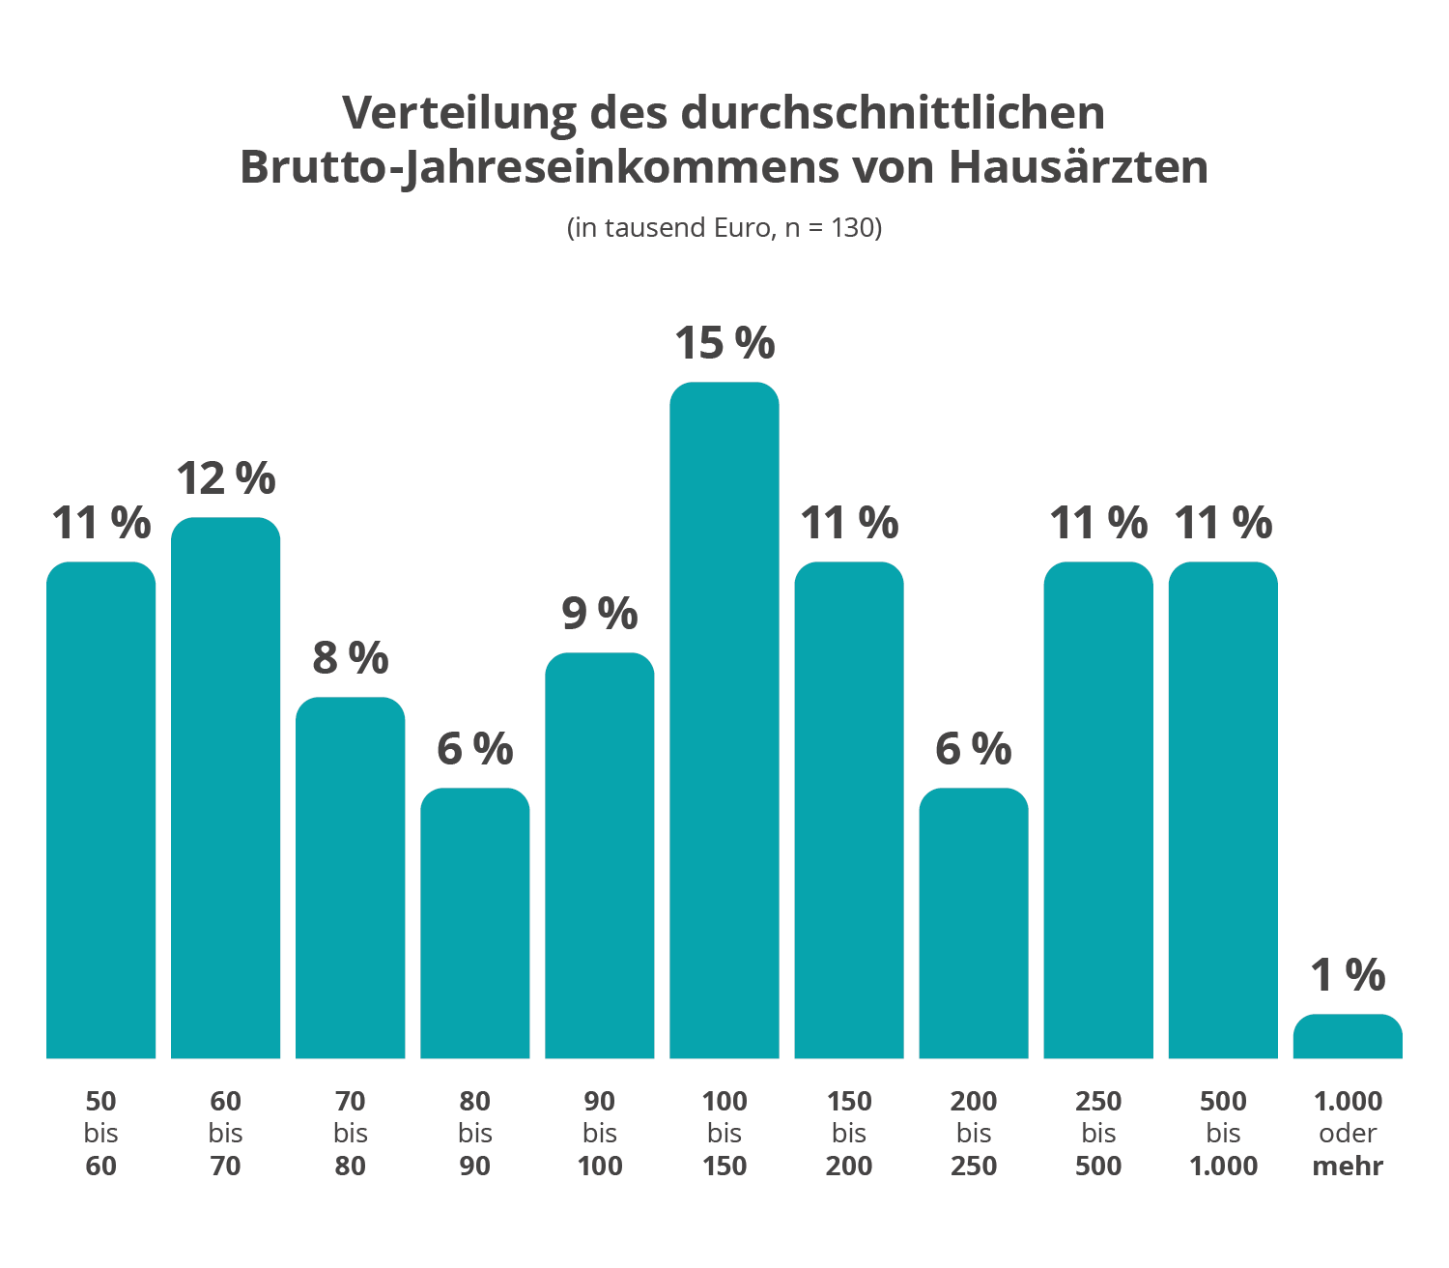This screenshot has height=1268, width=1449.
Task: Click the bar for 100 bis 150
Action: click(x=724, y=720)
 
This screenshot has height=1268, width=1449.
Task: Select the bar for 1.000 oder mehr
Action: click(x=1348, y=1037)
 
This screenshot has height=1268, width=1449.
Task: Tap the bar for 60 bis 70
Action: click(x=226, y=788)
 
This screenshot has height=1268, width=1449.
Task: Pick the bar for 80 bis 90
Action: click(x=475, y=923)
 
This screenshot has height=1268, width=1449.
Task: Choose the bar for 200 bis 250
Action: click(x=974, y=923)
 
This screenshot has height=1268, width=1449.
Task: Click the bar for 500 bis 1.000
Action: click(x=1223, y=810)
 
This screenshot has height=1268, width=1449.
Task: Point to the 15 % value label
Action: click(x=724, y=343)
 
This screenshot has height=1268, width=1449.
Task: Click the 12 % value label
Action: click(x=226, y=478)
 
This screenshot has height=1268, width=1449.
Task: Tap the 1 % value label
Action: click(x=1348, y=975)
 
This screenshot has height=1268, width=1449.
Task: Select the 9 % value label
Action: click(x=600, y=614)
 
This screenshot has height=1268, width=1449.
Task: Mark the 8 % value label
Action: click(x=351, y=658)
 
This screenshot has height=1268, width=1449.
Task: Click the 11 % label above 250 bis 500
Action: click(x=1098, y=524)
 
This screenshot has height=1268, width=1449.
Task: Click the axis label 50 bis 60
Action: click(x=101, y=1134)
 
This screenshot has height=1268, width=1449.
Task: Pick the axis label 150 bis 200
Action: click(x=849, y=1134)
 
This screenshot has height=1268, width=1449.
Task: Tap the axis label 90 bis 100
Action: click(x=600, y=1134)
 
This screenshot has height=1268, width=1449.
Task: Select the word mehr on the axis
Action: click(x=1348, y=1167)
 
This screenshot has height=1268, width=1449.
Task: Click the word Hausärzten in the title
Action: click(x=1078, y=167)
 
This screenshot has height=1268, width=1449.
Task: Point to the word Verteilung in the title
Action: click(x=459, y=113)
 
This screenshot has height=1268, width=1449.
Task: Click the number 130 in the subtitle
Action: click(x=852, y=228)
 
